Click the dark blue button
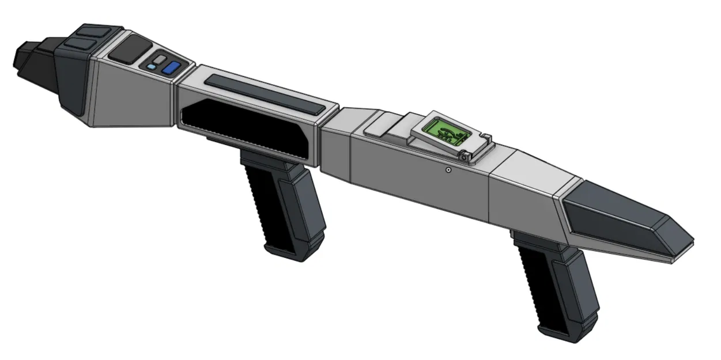pos(171,69)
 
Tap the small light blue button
pos(151,67)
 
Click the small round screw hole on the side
pos(448,170)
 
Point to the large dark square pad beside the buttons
pos(130,51)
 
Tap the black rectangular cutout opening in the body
pos(248,130)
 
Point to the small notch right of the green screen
pos(487,138)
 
